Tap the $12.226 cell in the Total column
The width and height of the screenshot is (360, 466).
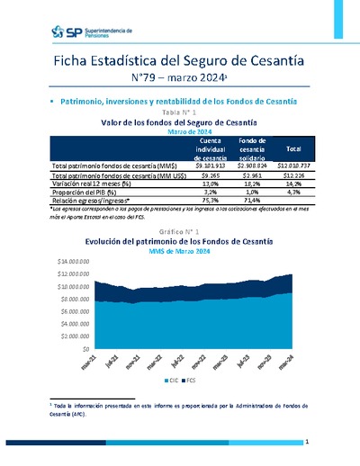(x=293, y=175)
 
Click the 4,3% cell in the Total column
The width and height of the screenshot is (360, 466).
(x=293, y=191)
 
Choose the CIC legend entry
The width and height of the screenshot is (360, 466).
(x=172, y=381)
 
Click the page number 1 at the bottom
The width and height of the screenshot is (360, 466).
(x=307, y=443)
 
